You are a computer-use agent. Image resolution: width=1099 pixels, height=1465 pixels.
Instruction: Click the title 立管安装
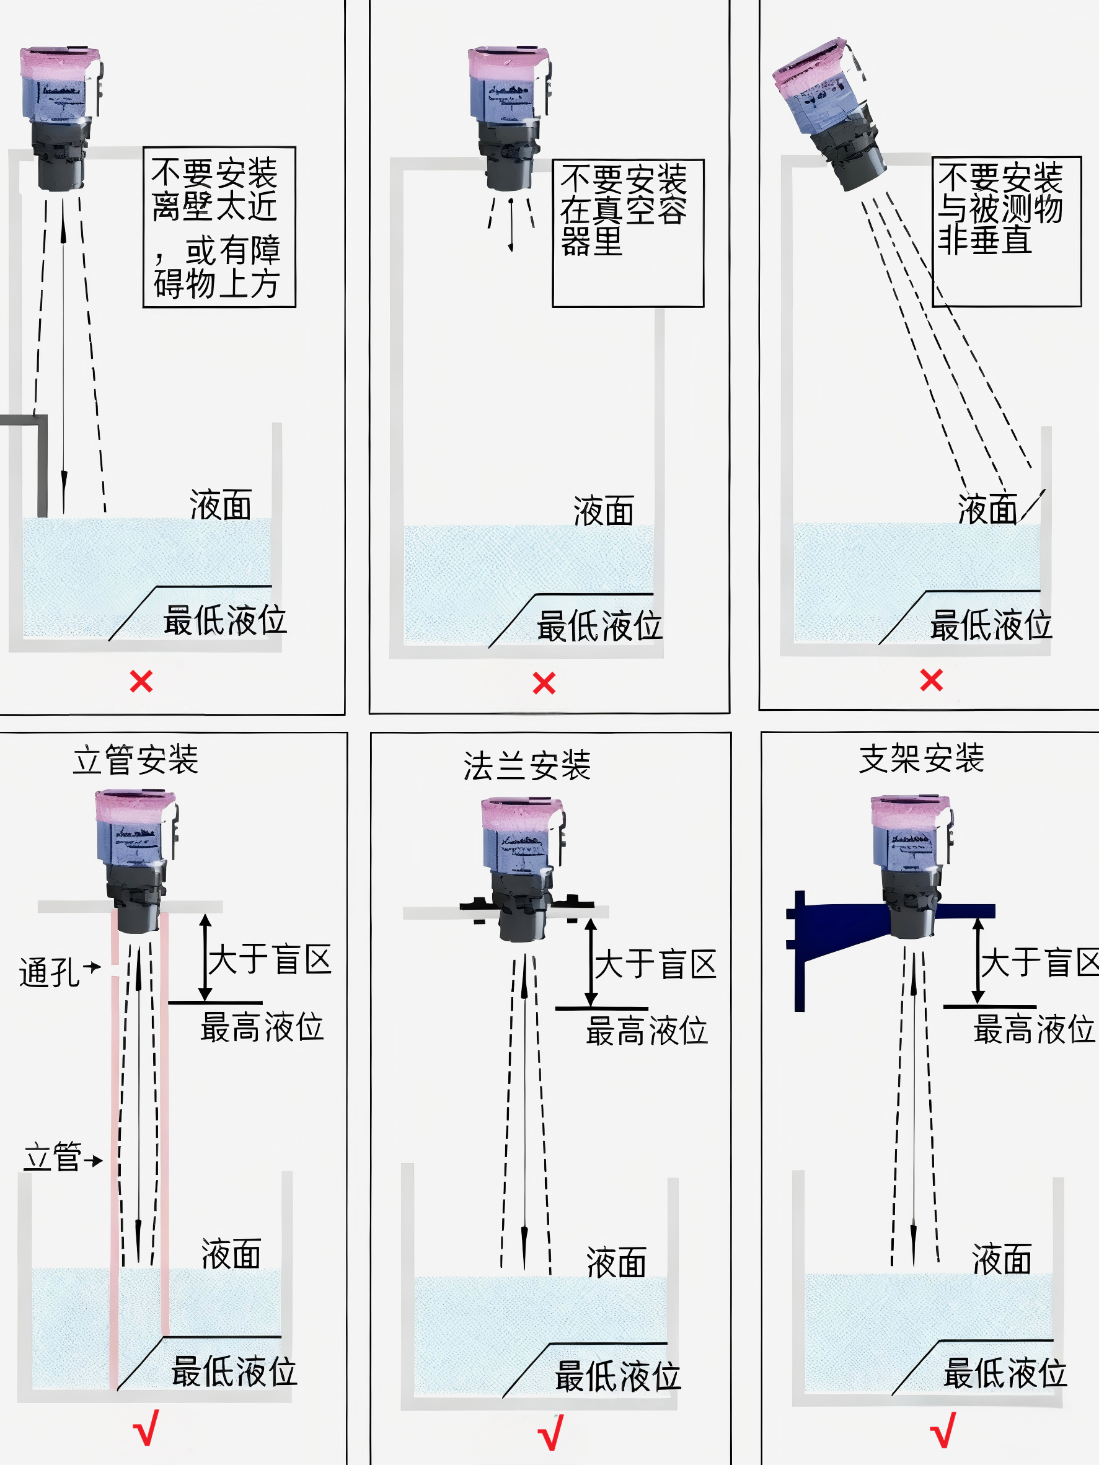click(x=136, y=760)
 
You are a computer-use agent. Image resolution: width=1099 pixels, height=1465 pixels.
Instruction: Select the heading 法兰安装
click(x=527, y=765)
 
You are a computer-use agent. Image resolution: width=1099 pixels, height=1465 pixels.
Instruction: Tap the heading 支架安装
click(x=921, y=759)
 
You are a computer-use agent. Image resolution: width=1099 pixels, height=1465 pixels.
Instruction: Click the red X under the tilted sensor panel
click(x=932, y=680)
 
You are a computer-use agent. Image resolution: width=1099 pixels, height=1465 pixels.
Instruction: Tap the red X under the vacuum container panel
click(x=544, y=683)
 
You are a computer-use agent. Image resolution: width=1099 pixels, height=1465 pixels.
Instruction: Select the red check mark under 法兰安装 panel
click(x=550, y=1433)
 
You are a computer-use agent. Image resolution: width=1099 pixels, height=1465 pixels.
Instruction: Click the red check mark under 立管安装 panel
click(x=146, y=1428)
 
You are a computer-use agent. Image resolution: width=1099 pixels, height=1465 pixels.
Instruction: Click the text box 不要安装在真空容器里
click(x=627, y=233)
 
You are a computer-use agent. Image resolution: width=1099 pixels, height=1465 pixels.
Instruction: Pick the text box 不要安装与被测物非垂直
click(x=1006, y=231)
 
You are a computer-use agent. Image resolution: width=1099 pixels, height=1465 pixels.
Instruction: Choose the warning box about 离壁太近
click(x=219, y=227)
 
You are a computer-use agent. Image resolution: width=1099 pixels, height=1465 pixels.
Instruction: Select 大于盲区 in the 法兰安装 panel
click(x=655, y=964)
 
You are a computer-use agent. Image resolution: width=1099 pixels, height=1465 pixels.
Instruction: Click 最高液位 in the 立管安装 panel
click(x=262, y=1027)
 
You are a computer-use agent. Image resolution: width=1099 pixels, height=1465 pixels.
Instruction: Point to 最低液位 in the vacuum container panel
click(x=599, y=626)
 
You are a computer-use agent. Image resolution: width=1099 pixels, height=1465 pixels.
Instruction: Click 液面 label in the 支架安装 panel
click(x=1002, y=1259)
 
